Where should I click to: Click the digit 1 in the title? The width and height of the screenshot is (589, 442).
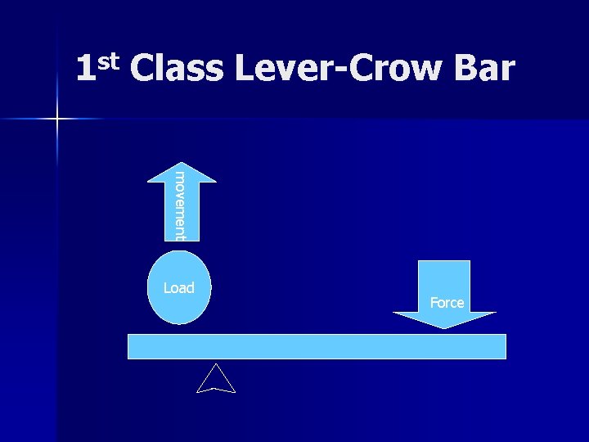[84, 70]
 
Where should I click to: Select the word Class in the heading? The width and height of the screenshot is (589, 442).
[176, 70]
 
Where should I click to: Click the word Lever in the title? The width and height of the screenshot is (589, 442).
[280, 70]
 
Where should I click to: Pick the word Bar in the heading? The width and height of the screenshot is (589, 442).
[483, 70]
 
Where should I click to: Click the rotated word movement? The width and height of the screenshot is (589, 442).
[180, 205]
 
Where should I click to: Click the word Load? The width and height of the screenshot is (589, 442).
[178, 287]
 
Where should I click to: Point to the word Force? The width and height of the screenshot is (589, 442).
[447, 303]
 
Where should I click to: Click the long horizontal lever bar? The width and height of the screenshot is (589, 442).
[317, 346]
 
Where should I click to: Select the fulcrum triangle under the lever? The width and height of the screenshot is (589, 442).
[216, 381]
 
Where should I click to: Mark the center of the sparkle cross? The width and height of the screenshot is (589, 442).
[57, 120]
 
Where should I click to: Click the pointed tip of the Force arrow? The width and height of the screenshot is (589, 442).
[444, 327]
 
